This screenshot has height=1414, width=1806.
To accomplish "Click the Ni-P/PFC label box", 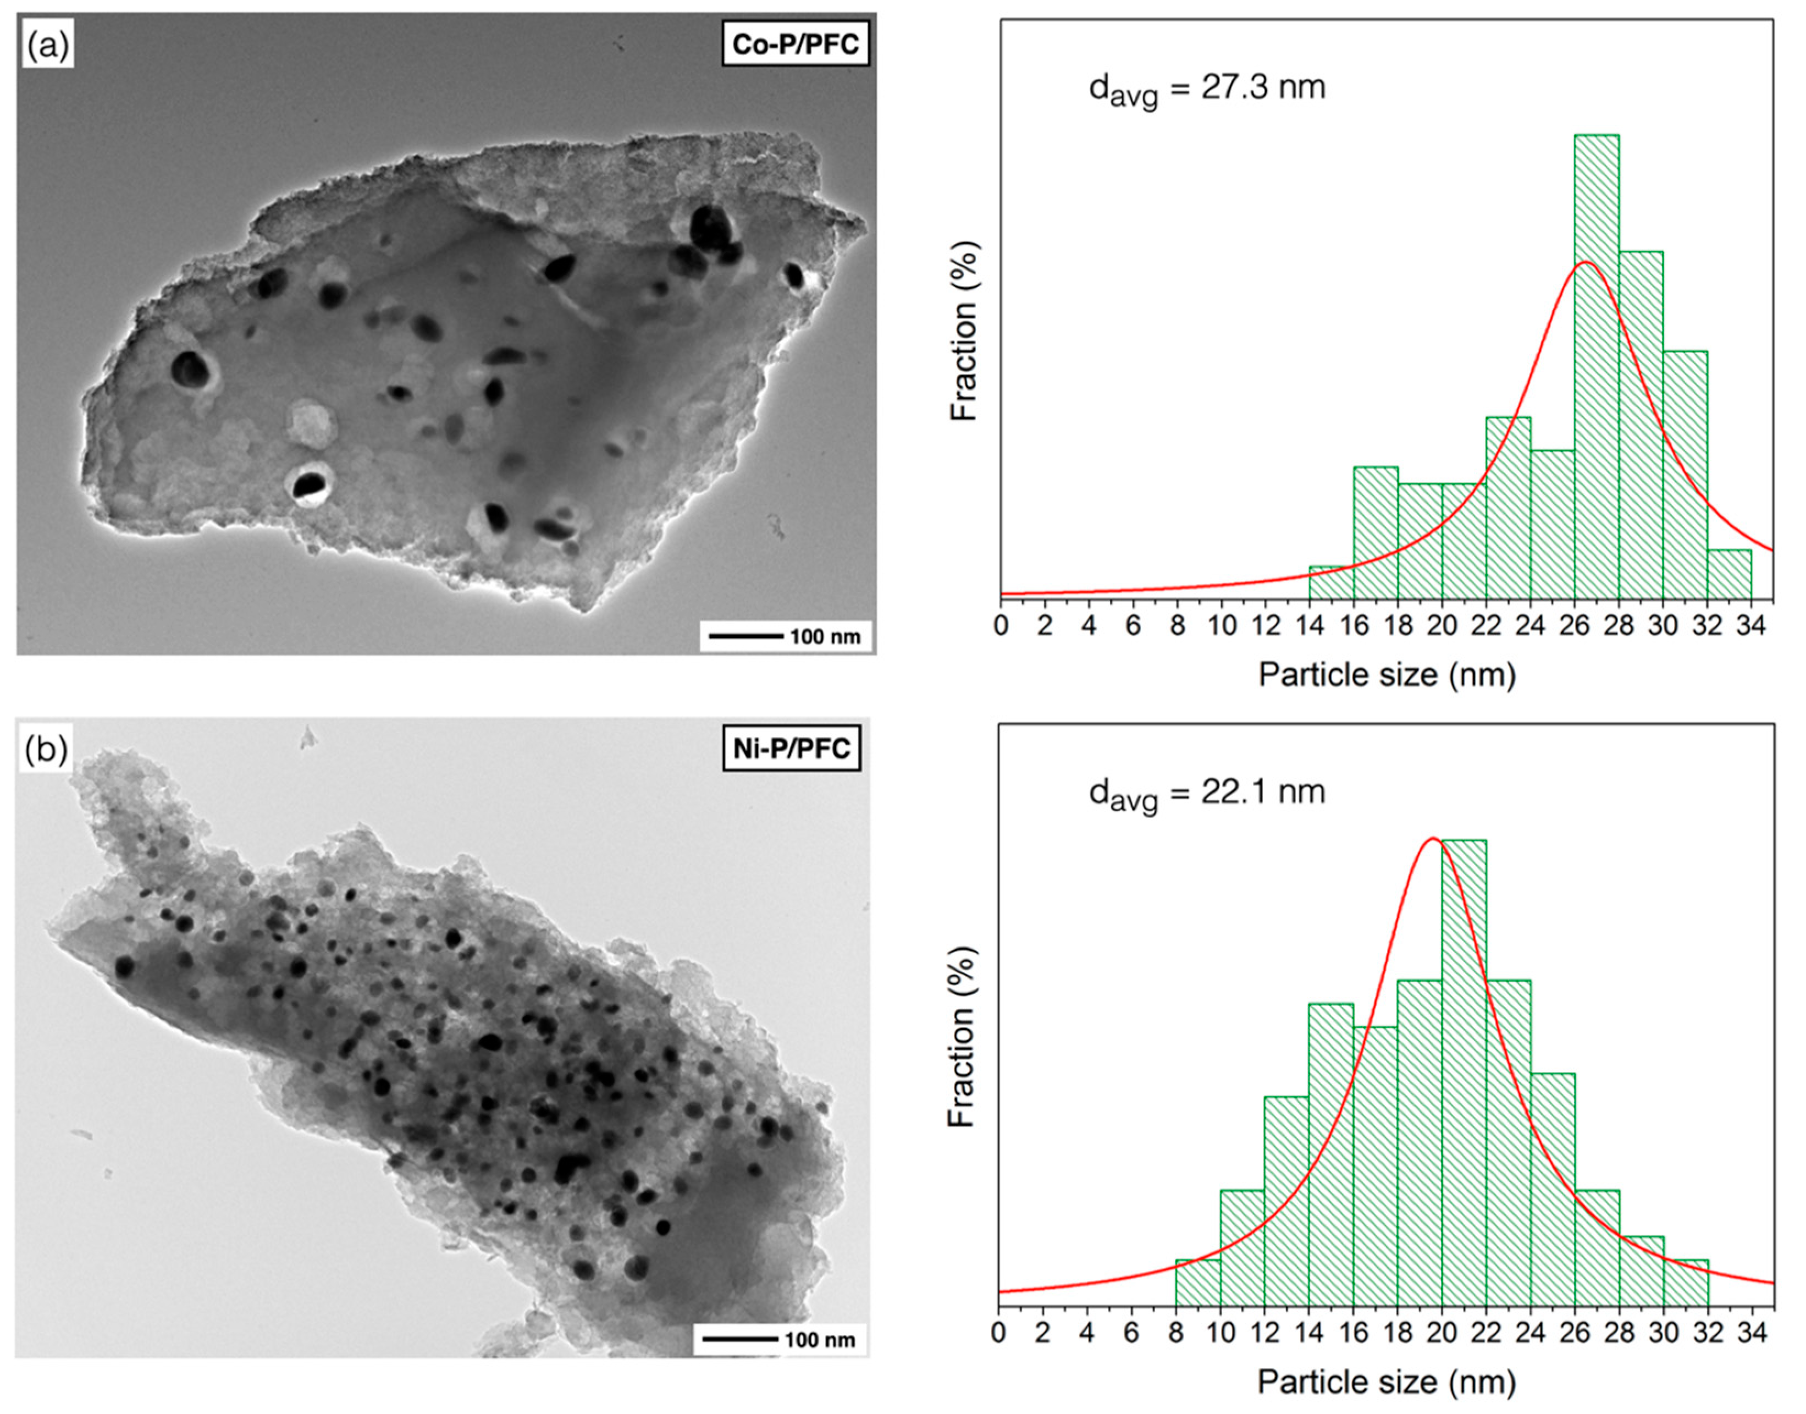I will [x=791, y=749].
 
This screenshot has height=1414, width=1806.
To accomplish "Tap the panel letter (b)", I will [x=46, y=749].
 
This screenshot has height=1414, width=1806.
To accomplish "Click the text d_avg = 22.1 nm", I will [x=1207, y=793].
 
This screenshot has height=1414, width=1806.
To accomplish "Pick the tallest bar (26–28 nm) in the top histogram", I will [x=1597, y=364].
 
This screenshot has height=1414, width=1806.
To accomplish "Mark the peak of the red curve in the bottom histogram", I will [x=1433, y=839].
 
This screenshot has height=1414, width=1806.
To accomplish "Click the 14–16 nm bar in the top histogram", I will [x=1331, y=581].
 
